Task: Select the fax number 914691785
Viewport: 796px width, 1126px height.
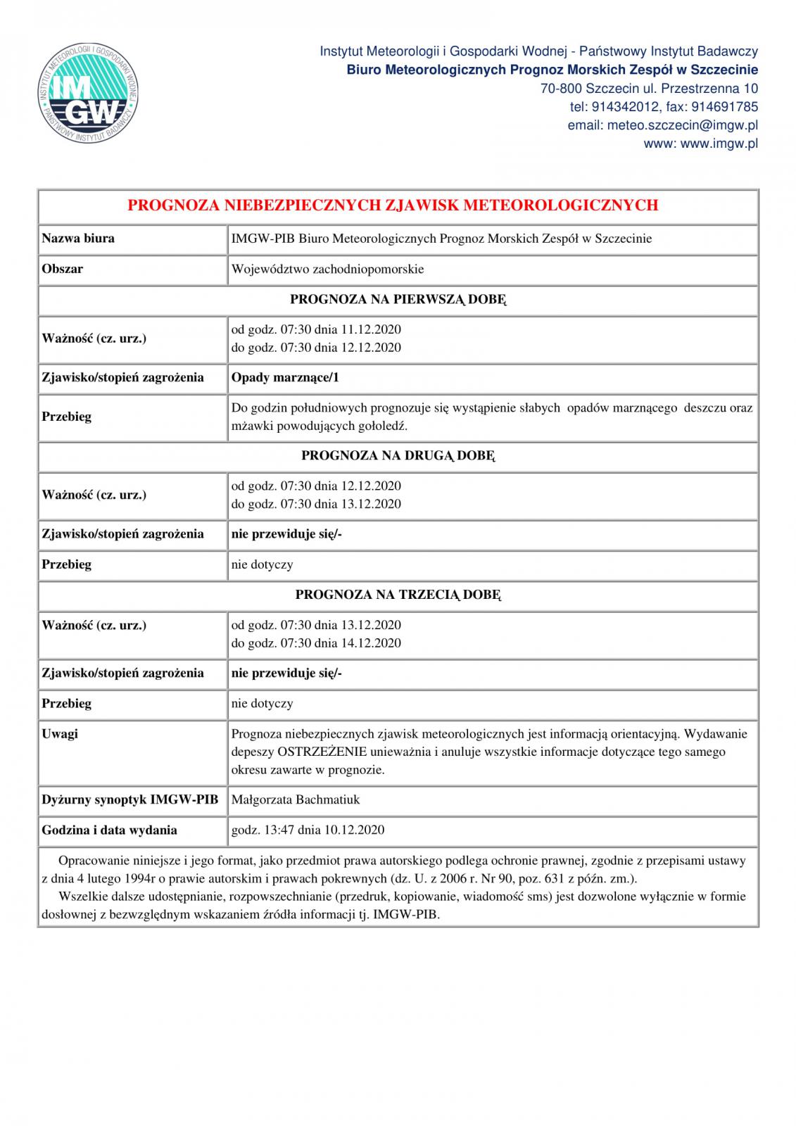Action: pyautogui.click(x=726, y=107)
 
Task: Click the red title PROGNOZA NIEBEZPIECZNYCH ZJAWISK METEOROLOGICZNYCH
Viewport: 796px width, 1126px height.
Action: pyautogui.click(x=393, y=205)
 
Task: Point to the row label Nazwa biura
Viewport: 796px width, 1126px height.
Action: pyautogui.click(x=78, y=239)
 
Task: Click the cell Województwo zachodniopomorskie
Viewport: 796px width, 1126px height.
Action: pyautogui.click(x=327, y=269)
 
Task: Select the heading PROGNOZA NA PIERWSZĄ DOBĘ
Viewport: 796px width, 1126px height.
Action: pyautogui.click(x=398, y=299)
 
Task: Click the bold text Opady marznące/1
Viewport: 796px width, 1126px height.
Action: pyautogui.click(x=285, y=377)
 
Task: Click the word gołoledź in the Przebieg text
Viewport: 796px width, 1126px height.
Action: pyautogui.click(x=386, y=426)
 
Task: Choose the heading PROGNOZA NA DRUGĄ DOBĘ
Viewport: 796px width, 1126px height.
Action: pyautogui.click(x=398, y=455)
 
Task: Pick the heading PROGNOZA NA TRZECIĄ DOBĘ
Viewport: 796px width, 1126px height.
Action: pyautogui.click(x=398, y=595)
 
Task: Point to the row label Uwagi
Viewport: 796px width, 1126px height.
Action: pyautogui.click(x=60, y=733)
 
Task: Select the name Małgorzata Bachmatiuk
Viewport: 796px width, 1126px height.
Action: pyautogui.click(x=295, y=799)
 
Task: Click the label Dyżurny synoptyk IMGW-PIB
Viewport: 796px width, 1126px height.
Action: pyautogui.click(x=130, y=799)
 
